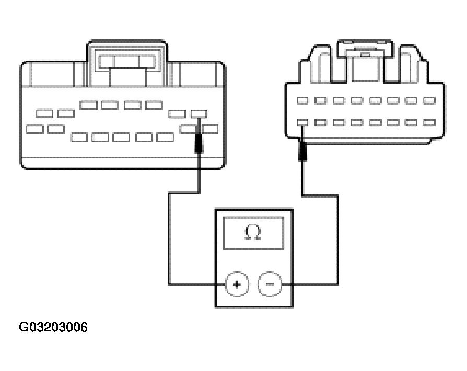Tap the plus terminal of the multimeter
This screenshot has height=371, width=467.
click(x=236, y=284)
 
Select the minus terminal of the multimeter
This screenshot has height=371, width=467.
click(x=270, y=284)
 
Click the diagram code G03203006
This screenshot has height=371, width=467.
click(x=53, y=328)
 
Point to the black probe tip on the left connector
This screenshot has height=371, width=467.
click(x=199, y=143)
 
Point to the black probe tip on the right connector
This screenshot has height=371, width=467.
click(x=302, y=152)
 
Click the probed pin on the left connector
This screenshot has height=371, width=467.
click(x=199, y=113)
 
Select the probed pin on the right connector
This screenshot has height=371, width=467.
click(x=302, y=122)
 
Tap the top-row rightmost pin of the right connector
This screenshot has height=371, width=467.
click(x=429, y=100)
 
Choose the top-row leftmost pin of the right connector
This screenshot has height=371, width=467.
click(x=302, y=100)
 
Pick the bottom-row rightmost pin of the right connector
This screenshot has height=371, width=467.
click(x=429, y=122)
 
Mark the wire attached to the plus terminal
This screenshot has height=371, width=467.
click(x=168, y=240)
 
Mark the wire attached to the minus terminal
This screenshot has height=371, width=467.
click(x=337, y=240)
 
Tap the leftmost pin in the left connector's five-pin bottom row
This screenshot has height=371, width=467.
click(x=79, y=137)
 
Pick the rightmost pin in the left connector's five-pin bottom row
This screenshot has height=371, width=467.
click(x=165, y=137)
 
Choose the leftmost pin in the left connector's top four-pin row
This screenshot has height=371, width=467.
click(x=88, y=105)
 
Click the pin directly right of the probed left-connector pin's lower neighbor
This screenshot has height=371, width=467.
click(x=211, y=128)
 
